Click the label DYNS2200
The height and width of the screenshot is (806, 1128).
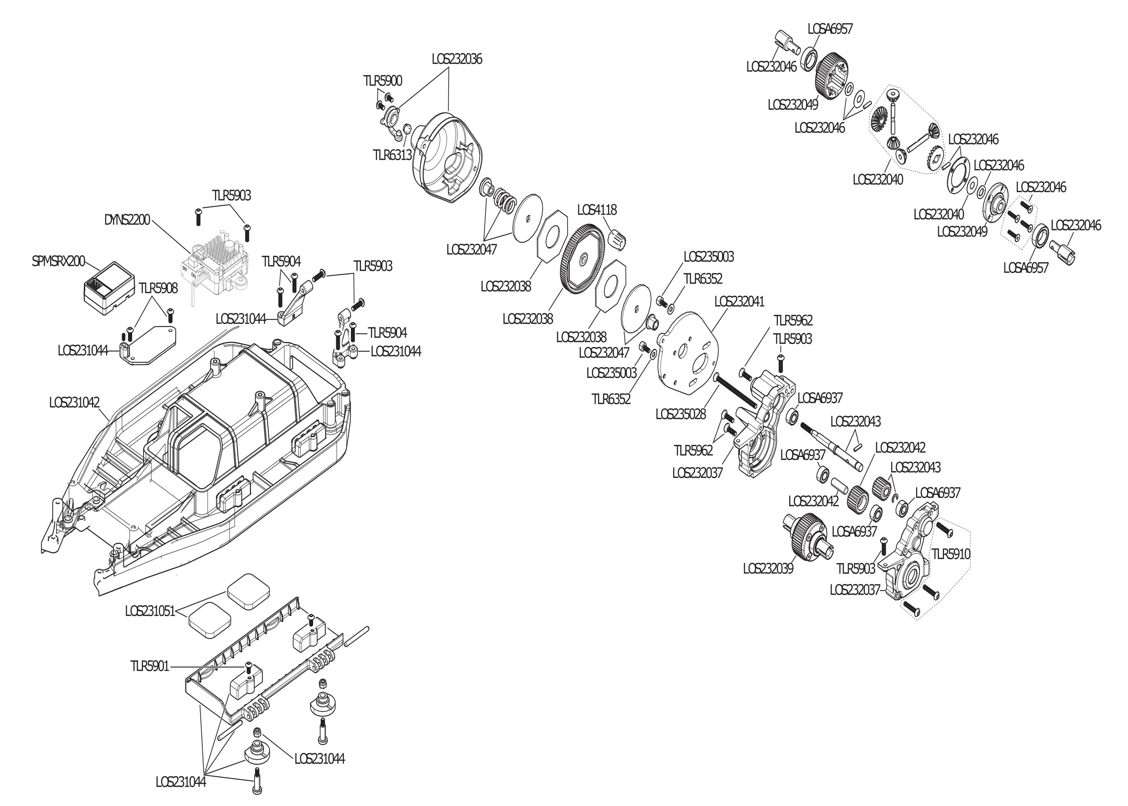coord(127,220)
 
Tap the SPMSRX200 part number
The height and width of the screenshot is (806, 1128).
coord(58,261)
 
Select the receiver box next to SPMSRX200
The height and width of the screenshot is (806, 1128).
coord(108,288)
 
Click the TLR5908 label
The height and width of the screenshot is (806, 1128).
coord(158,288)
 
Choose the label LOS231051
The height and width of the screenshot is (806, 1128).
coord(150,611)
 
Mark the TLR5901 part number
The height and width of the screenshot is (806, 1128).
coord(150,666)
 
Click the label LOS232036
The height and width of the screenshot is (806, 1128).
coord(456,59)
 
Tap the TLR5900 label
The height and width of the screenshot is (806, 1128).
coord(382,81)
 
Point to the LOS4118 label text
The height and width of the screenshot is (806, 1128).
coord(597,210)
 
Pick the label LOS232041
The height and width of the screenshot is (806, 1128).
coord(739,301)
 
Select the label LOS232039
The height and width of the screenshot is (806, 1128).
coord(768,568)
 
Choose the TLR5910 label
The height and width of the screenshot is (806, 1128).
coord(951,554)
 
